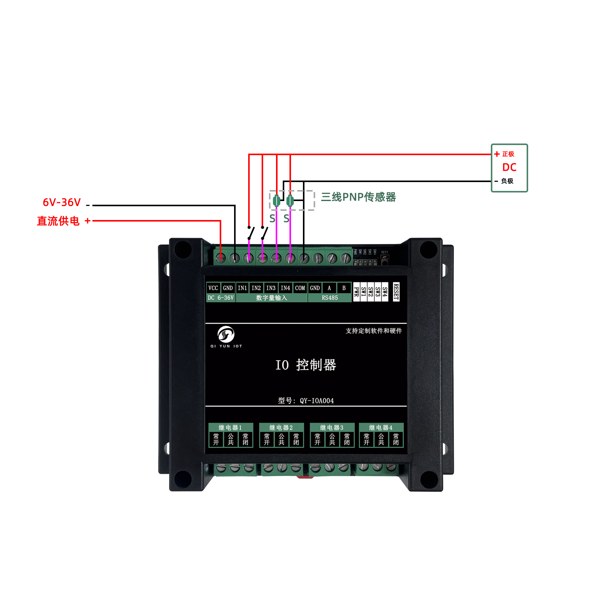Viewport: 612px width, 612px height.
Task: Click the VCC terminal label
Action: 213,288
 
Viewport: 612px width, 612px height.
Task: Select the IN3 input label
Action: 271,288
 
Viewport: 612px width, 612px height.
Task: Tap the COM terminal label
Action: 300,288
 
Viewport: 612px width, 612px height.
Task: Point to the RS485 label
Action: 330,298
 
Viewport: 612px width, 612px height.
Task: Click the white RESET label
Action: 396,291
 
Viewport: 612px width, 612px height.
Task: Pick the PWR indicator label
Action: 356,292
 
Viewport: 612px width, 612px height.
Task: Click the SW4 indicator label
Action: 385,292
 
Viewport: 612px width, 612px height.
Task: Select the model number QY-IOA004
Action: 316,401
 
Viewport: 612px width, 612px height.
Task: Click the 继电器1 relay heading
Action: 230,427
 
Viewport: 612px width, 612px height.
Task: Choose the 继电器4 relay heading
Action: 381,427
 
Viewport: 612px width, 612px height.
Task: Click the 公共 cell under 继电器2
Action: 281,439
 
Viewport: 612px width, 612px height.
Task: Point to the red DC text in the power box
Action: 509,167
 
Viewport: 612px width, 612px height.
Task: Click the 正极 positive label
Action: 508,154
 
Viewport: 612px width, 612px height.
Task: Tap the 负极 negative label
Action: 507,181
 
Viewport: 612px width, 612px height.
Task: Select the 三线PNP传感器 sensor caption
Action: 358,197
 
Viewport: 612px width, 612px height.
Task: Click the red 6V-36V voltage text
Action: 62,202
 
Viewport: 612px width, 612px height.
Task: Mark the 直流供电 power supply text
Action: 58,221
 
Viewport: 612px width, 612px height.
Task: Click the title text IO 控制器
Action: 305,365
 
